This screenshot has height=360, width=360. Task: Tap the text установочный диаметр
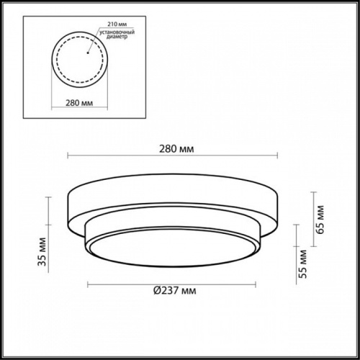pos(120,37)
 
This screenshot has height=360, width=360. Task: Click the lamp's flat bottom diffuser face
pos(171,248)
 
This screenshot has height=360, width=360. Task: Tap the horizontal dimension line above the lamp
pos(173,155)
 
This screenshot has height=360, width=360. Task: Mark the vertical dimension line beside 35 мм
pos(49,230)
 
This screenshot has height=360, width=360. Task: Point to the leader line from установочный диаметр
pos(92,42)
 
